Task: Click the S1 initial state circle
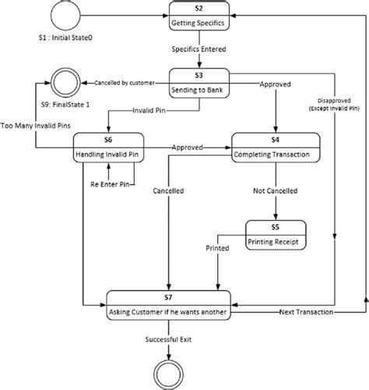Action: click(65, 15)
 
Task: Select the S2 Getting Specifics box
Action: click(199, 16)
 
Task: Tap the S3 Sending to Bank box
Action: click(199, 83)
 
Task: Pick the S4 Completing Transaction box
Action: click(276, 147)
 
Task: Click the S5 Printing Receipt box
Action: click(276, 235)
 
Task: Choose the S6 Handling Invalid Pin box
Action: click(108, 147)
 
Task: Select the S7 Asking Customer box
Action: click(168, 305)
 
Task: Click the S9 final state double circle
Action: click(65, 83)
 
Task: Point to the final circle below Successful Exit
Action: click(169, 375)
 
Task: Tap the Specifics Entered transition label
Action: click(199, 49)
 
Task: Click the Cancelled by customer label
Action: click(125, 83)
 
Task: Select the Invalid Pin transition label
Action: click(149, 111)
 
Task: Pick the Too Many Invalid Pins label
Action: click(36, 126)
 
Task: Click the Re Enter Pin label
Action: click(110, 185)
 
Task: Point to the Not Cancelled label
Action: click(276, 191)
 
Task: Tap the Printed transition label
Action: click(217, 248)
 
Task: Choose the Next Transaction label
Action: click(306, 312)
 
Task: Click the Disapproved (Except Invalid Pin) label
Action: click(334, 105)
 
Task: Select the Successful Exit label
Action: click(168, 339)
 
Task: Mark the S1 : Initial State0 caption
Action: click(65, 37)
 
